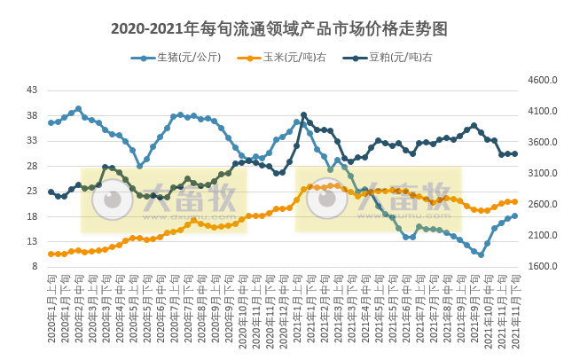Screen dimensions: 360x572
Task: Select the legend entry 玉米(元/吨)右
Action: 289,59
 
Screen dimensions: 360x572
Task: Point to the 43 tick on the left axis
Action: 32,90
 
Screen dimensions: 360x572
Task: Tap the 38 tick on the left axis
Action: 32,115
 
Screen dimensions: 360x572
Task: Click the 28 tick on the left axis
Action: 32,166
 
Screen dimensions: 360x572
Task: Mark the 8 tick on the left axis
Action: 34,267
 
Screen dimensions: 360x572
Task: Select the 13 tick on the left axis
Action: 32,241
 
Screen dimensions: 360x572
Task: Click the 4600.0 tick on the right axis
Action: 543,80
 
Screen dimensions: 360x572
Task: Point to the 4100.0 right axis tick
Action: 543,111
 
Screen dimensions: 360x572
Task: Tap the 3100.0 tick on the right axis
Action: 543,173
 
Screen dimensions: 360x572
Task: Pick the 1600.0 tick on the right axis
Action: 543,266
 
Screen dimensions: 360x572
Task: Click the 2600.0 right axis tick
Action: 543,204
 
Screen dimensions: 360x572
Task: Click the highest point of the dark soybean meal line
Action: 303,114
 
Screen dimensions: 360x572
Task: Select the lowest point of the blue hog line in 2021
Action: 481,254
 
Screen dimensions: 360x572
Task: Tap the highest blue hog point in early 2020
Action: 78,109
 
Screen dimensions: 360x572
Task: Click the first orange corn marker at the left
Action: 51,254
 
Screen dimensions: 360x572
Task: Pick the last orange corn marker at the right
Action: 514,201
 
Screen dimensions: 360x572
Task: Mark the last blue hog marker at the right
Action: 514,215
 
